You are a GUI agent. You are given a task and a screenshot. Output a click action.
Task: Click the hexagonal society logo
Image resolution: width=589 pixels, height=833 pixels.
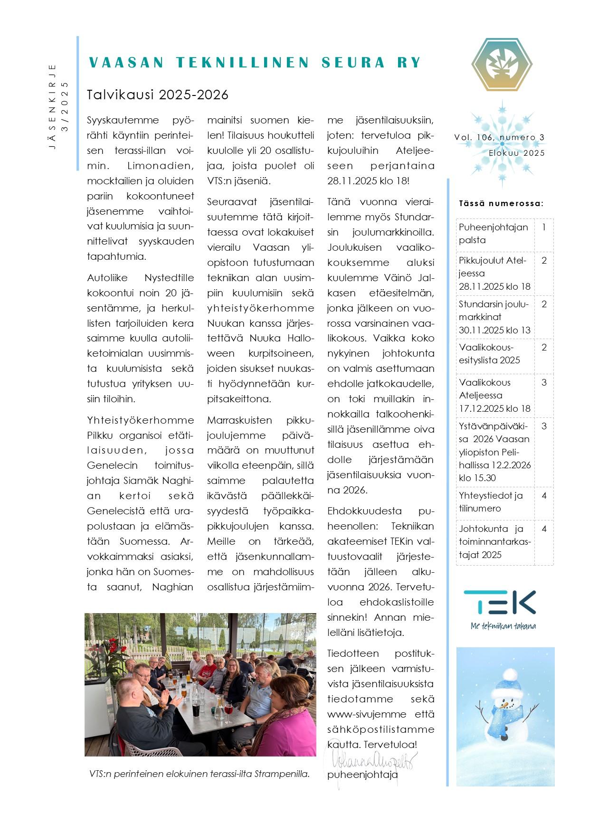pyautogui.click(x=502, y=65)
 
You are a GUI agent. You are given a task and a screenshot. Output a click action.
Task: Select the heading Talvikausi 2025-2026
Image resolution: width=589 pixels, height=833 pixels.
pyautogui.click(x=158, y=95)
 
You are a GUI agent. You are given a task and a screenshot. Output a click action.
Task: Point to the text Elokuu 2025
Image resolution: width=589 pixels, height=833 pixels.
pyautogui.click(x=517, y=153)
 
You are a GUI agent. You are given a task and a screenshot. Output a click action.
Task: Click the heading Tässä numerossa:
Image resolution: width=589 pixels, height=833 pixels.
pyautogui.click(x=501, y=204)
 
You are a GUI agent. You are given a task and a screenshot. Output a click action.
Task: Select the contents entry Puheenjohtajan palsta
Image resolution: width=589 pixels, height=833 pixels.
pyautogui.click(x=494, y=234)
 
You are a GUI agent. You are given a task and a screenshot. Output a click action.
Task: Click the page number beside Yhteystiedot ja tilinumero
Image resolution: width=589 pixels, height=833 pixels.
pyautogui.click(x=544, y=496)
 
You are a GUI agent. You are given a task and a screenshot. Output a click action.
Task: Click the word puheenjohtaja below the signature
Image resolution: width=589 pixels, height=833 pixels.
pyautogui.click(x=362, y=775)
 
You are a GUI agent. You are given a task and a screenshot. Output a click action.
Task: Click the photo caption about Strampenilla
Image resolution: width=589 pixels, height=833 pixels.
pyautogui.click(x=199, y=774)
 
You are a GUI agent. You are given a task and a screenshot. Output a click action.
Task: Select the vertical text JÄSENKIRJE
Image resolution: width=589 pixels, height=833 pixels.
pyautogui.click(x=53, y=107)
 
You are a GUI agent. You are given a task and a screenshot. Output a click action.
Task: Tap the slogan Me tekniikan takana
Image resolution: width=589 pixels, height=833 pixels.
pyautogui.click(x=503, y=626)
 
